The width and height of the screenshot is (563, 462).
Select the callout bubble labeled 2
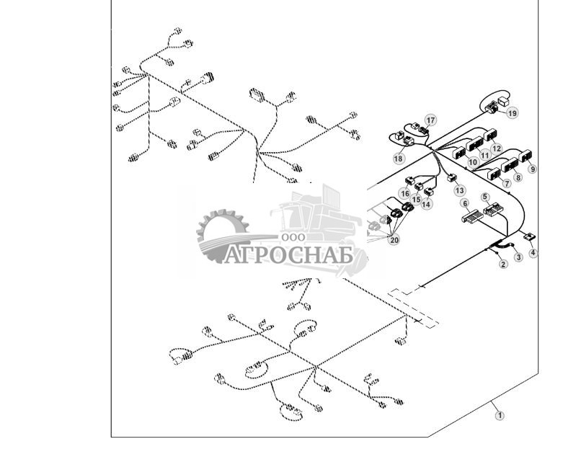[503, 264]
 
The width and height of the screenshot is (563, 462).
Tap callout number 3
[518, 257]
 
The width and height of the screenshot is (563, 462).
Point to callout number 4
[533, 252]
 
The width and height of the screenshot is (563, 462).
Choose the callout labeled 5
[485, 197]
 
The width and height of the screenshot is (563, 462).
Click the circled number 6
[465, 203]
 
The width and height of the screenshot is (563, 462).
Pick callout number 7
[507, 183]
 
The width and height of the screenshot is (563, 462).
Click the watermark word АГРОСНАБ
[289, 255]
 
